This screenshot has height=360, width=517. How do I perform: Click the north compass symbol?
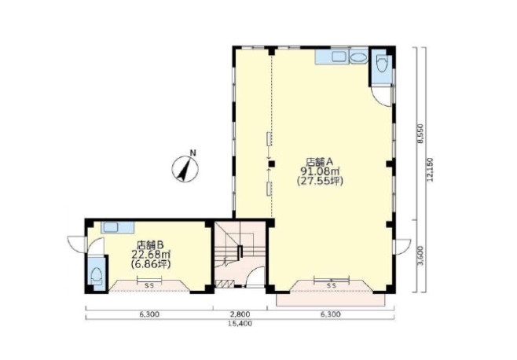185,168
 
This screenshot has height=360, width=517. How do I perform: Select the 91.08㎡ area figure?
320,171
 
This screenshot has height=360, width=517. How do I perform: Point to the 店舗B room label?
150,244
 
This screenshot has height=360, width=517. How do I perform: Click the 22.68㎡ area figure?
151,255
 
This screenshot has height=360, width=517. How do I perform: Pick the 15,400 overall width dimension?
240,324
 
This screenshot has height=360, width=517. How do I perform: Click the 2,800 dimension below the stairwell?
240,314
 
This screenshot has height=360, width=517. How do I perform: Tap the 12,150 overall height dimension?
429,169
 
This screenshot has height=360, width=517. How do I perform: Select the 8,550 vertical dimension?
420,134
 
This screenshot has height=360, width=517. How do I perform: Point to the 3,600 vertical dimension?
420,256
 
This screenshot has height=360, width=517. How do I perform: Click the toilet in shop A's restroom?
382,64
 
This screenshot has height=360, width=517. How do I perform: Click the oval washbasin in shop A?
358,58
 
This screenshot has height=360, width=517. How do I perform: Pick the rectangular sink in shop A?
339,56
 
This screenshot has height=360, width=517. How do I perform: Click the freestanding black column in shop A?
271,164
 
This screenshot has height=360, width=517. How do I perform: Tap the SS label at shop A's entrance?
332,286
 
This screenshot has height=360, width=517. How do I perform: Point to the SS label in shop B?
149,286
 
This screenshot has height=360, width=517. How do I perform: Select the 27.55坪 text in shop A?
320,181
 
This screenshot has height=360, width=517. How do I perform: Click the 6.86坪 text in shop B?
151,264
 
